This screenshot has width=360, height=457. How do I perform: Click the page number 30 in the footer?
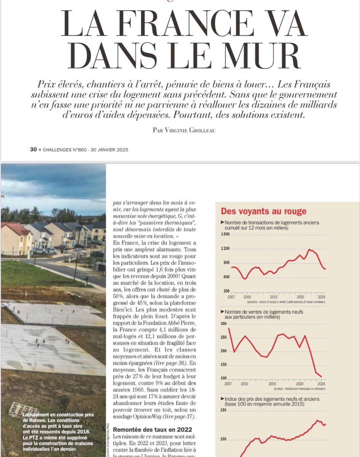[x=33, y=150]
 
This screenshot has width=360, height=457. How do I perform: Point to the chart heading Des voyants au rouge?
[x=264, y=211]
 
